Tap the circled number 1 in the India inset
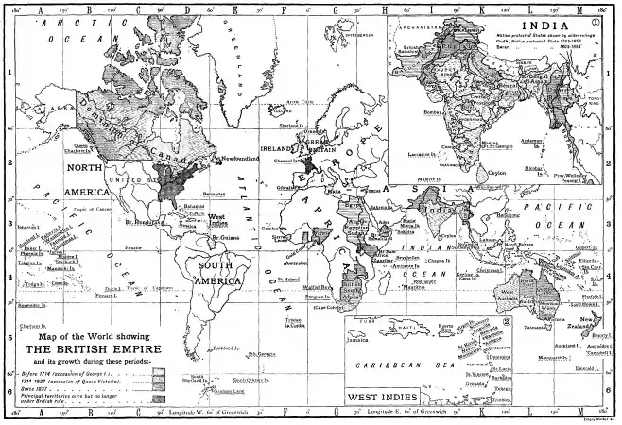pyautogui.click(x=601, y=25)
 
